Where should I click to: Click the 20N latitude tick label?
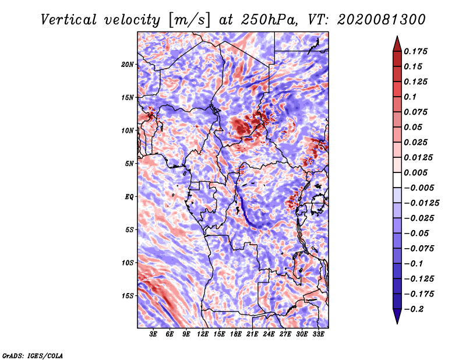coord(128,64)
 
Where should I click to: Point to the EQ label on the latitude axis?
coord(129,197)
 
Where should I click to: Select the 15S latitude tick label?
coord(128,296)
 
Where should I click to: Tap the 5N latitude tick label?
coord(129,164)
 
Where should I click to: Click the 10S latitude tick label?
coord(128,263)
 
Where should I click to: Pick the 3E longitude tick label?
coord(154,334)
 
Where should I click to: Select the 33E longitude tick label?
coord(319,334)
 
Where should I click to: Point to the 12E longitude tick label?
coord(203,334)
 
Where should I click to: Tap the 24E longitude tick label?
coord(269,334)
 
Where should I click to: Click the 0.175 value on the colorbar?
coord(417,51)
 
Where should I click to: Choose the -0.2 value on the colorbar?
coord(415,309)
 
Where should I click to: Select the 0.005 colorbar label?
coord(417,172)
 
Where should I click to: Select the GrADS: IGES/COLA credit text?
coord(32,355)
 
